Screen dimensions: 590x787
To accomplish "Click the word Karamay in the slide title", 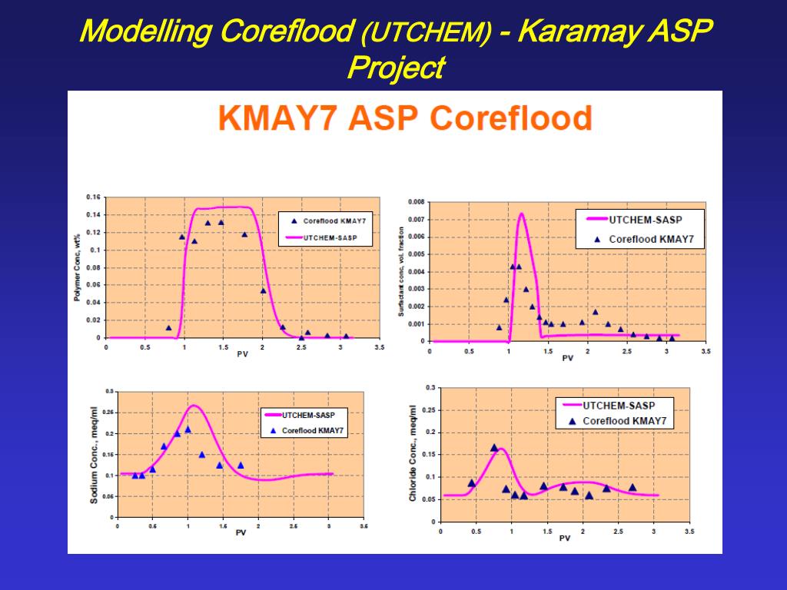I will [583, 31].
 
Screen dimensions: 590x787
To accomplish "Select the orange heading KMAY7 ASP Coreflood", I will [405, 119].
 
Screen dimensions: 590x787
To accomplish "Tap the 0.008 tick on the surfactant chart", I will [415, 203].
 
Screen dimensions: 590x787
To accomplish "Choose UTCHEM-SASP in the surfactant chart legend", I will [645, 220].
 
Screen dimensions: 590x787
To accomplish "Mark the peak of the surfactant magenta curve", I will [521, 214].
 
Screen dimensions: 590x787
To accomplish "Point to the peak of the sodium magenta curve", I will [194, 406].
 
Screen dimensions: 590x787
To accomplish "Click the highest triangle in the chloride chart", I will [494, 447].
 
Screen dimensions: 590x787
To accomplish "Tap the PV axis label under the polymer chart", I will [242, 354].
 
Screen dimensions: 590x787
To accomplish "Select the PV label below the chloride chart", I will [564, 538].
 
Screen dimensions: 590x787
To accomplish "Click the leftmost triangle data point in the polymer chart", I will [169, 328].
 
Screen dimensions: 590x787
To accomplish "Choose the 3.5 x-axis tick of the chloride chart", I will [689, 531].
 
